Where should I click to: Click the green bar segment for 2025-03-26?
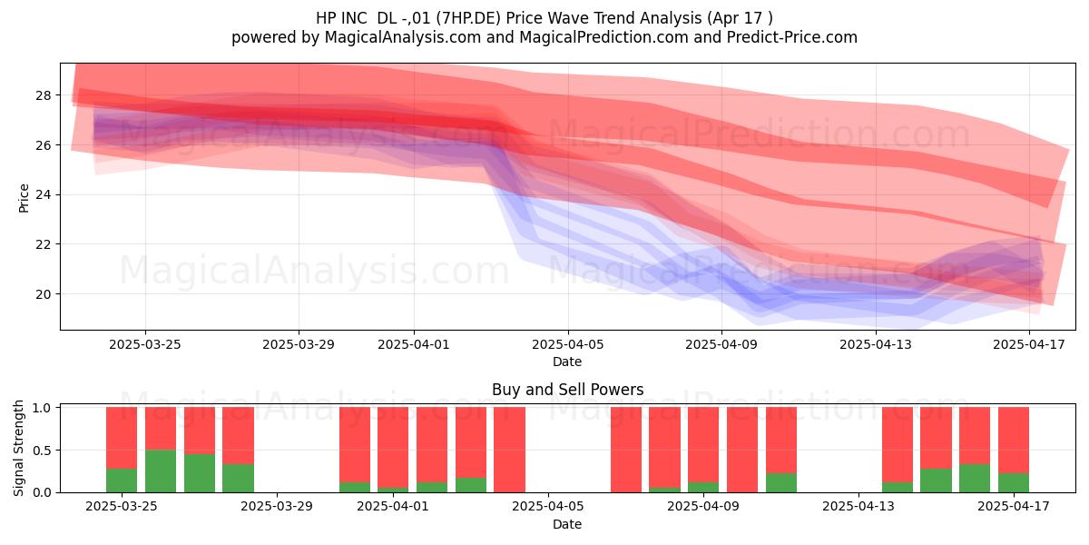coord(161,471)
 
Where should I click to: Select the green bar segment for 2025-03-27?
coord(200,473)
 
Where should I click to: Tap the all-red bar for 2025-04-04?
coord(509,450)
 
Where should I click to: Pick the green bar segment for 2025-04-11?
coord(781,482)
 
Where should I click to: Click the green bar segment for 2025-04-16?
coord(975,479)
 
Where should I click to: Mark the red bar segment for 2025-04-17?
coord(1014,440)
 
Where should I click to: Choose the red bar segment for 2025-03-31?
coord(355,445)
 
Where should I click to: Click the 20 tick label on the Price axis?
coord(44,294)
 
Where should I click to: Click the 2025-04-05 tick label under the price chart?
coord(568,344)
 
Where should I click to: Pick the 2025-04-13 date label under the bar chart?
coord(858,507)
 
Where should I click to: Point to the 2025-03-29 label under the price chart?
coord(299,344)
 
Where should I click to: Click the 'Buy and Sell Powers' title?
coord(568,390)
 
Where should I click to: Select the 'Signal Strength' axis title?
coord(18,448)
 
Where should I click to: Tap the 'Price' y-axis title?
coord(24,199)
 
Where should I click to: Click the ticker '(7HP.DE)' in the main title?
coord(468,18)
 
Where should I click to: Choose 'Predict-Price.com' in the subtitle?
coord(792,37)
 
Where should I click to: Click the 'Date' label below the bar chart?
coord(567,524)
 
